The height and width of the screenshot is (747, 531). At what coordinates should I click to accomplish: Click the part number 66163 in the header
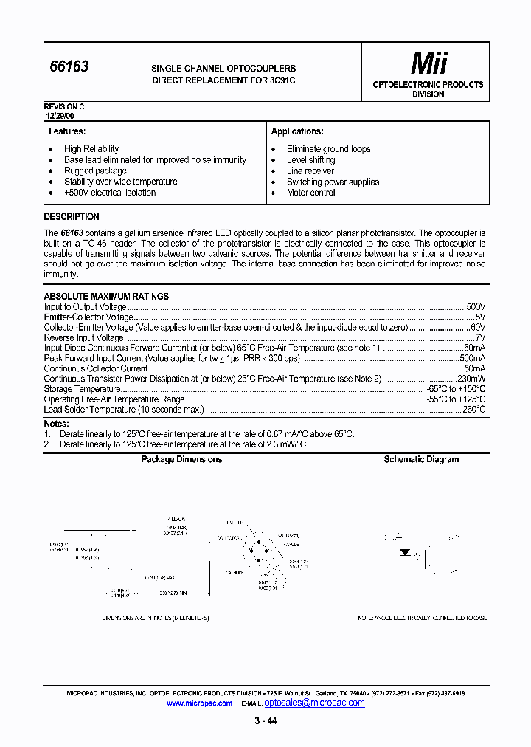[x=69, y=66]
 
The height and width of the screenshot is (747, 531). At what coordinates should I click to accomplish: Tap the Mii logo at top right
[x=428, y=63]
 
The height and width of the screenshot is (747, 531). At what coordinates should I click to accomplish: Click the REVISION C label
[x=64, y=107]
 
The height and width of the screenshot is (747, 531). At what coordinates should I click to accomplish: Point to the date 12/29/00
[x=60, y=116]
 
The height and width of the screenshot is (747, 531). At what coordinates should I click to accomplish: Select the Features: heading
[x=67, y=131]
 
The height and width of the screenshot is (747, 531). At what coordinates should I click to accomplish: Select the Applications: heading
[x=297, y=131]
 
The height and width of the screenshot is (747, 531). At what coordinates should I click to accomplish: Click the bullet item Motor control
[x=310, y=193]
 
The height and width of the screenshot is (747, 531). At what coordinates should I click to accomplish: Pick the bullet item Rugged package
[x=95, y=171]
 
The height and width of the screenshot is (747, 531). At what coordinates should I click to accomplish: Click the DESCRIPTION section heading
[x=72, y=217]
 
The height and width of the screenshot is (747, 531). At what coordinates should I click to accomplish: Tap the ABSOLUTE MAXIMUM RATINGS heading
[x=106, y=296]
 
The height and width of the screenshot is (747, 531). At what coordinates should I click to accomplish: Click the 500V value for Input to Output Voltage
[x=476, y=306]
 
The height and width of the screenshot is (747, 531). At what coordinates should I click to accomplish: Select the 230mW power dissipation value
[x=471, y=379]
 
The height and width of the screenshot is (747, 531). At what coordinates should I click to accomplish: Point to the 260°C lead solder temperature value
[x=473, y=409]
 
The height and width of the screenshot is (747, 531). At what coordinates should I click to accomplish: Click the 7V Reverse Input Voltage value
[x=480, y=337]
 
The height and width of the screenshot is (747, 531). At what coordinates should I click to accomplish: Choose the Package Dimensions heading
[x=181, y=459]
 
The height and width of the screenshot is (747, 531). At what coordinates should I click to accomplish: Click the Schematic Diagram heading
[x=421, y=459]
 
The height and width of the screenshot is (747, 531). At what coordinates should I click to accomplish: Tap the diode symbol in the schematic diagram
[x=405, y=552]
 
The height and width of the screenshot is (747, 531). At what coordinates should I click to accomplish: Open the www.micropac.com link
[x=199, y=703]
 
